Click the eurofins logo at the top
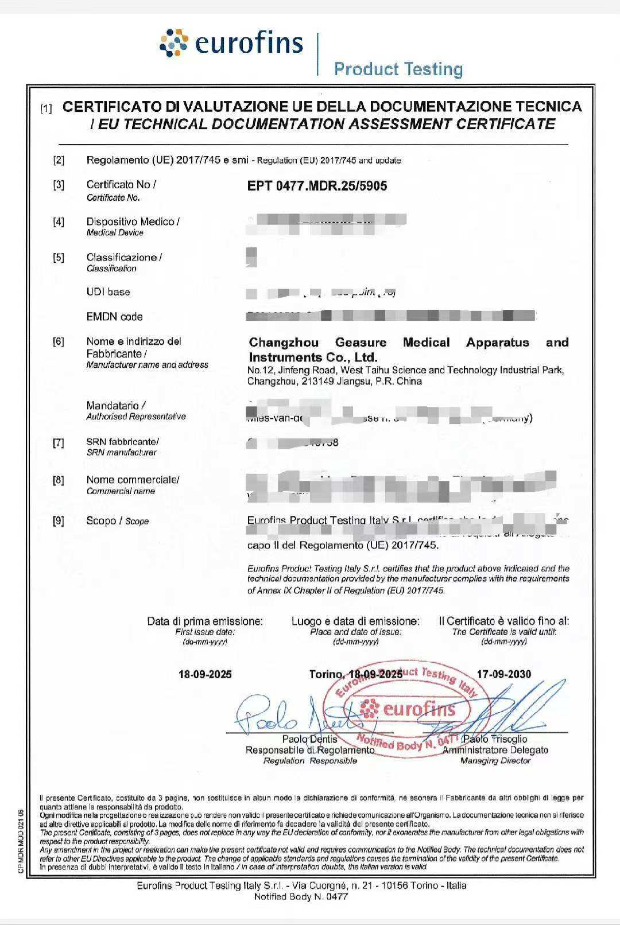[231, 44]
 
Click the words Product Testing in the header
[398, 69]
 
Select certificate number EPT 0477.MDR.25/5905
[317, 186]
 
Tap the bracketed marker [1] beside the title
[46, 108]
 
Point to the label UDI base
[108, 292]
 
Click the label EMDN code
[114, 317]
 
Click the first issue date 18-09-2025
[205, 674]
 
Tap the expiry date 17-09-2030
[503, 674]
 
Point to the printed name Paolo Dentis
[309, 739]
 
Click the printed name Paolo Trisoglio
[495, 739]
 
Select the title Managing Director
[495, 761]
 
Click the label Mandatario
[115, 406]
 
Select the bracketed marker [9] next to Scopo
[59, 521]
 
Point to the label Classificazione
[124, 258]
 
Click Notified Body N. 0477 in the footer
[301, 897]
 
